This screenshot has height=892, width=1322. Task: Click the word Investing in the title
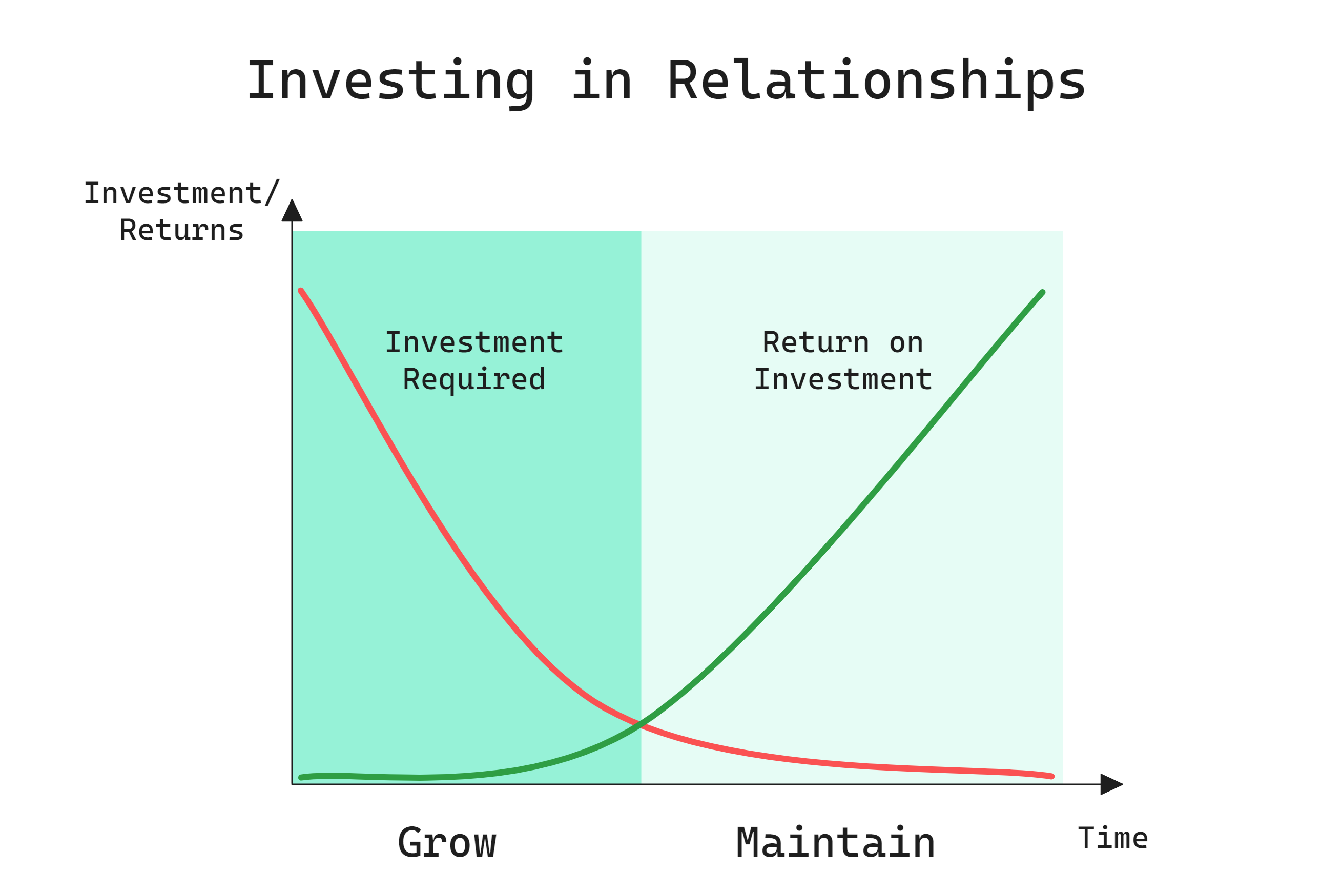click(390, 82)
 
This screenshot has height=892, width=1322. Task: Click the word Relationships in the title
click(876, 82)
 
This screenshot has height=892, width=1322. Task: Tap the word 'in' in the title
click(602, 82)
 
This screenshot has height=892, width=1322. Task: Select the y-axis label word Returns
click(181, 230)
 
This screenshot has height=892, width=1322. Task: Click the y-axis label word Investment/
click(181, 193)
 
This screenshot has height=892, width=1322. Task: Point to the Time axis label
click(1113, 839)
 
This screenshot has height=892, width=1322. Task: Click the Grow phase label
click(447, 843)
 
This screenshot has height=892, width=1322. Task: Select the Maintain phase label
click(835, 843)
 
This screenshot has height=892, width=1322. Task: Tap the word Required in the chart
click(473, 379)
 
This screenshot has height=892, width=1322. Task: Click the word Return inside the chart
click(815, 342)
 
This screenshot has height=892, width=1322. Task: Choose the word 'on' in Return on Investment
click(906, 342)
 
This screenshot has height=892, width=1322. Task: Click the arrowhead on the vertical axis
click(292, 211)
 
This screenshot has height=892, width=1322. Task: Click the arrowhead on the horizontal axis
click(1111, 784)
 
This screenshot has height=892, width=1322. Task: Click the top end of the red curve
click(301, 291)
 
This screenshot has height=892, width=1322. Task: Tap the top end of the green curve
click(1042, 292)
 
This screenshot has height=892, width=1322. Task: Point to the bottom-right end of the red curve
click(1051, 777)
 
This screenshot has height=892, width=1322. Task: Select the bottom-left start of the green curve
click(301, 777)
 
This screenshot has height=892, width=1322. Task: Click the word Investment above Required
click(473, 342)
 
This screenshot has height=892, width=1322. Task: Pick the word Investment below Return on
click(843, 379)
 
